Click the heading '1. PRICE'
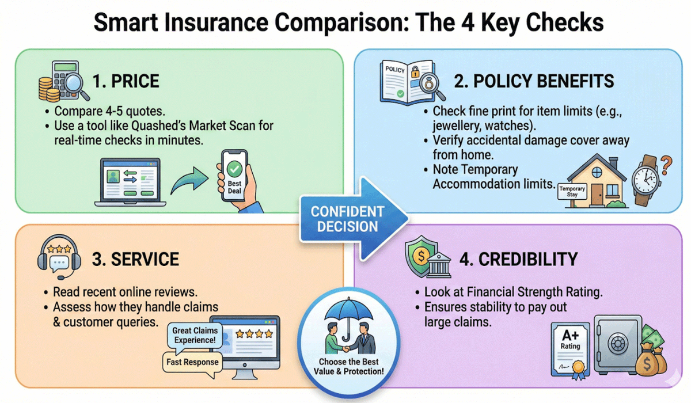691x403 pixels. pos(126,81)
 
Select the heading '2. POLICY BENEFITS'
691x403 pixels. pos(534,81)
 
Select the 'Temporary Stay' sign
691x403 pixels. pos(572,192)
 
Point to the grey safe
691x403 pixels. pos(618,344)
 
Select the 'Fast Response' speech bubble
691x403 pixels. pos(192,362)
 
